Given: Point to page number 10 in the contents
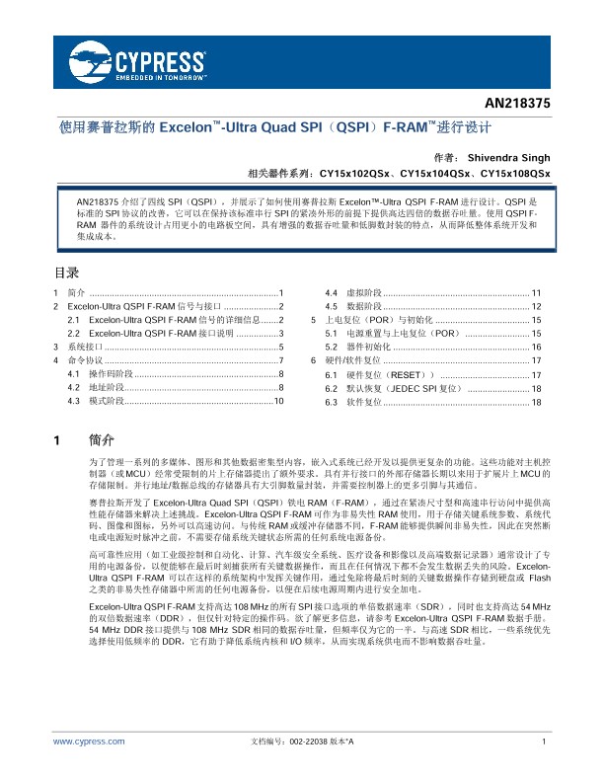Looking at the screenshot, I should pyautogui.click(x=279, y=402).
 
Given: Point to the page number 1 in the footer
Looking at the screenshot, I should pyautogui.click(x=544, y=741).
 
